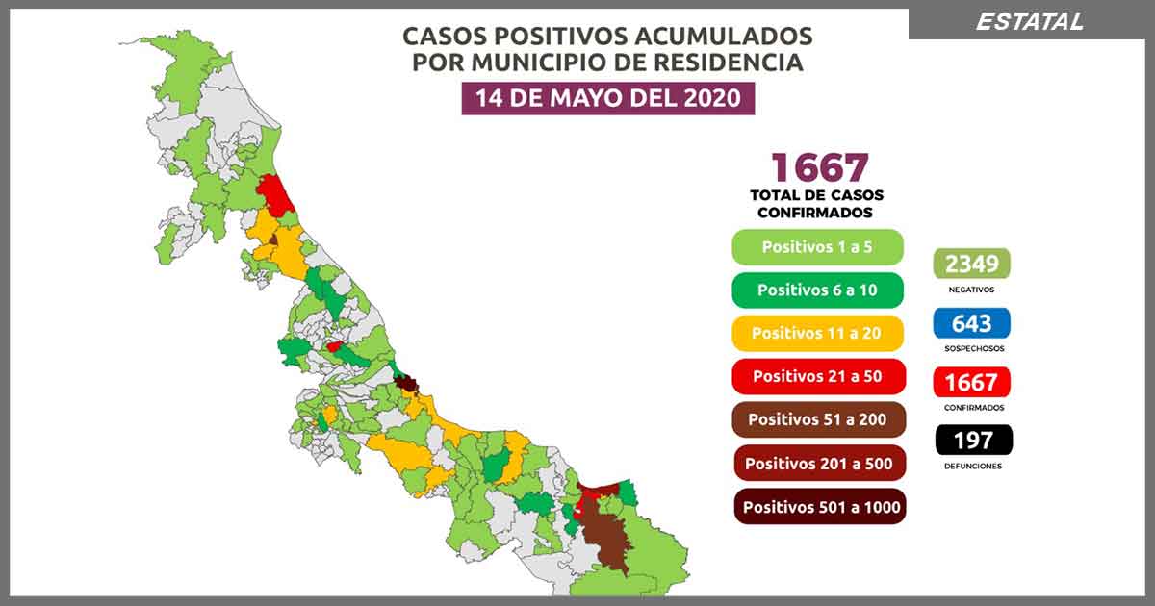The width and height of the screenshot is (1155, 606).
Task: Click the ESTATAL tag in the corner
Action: coord(1029,21)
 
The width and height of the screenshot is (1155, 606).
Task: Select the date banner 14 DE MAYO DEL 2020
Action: coord(607,98)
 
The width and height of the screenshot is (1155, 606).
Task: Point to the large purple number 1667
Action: coord(819,167)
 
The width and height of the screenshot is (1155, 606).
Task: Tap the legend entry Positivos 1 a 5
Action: coord(817,247)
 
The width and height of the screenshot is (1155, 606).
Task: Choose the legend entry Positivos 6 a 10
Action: coord(817,290)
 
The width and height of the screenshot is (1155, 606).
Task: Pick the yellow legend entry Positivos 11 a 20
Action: coord(817,333)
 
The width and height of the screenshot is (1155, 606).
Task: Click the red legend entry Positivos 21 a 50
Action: coord(817,376)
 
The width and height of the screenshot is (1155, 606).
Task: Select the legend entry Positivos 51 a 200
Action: coord(817,419)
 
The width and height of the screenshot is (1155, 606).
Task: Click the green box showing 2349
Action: coord(971,263)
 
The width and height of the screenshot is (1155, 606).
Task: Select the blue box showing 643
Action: coord(971,323)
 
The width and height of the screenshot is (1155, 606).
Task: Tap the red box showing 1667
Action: coord(971,383)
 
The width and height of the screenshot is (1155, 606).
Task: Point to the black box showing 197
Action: coord(972,441)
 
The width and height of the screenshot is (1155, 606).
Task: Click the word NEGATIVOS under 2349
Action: coord(971,289)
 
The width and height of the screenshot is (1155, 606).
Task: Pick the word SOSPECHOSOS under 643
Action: coord(971,348)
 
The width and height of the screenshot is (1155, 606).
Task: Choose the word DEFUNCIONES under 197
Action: coord(972,467)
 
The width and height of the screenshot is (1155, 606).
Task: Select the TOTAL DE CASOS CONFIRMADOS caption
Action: coord(816,204)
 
